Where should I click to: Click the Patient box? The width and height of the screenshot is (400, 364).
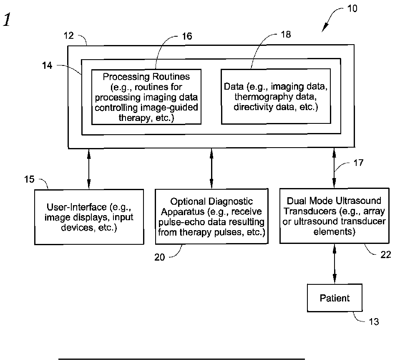[x=335, y=298]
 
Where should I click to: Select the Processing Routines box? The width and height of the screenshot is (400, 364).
[x=146, y=97]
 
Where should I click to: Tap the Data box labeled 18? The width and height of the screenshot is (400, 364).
[x=276, y=96]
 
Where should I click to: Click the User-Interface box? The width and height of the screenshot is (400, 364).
[x=89, y=217]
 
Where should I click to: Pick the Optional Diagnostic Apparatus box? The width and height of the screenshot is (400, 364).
[x=211, y=216]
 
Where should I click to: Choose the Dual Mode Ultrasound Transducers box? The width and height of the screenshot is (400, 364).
[x=334, y=216]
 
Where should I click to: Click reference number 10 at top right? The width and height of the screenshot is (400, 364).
[x=352, y=9]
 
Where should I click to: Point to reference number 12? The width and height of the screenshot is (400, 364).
[x=69, y=35]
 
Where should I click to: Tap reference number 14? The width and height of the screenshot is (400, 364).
[x=47, y=65]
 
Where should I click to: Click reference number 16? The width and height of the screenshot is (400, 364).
[x=187, y=36]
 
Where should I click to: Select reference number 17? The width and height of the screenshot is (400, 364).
[x=358, y=163]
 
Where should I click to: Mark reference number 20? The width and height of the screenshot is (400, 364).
[x=160, y=257]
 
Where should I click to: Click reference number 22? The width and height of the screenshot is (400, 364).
[x=386, y=255]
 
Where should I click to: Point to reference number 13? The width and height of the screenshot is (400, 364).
[x=374, y=321]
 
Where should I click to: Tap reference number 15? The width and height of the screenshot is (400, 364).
[x=29, y=179]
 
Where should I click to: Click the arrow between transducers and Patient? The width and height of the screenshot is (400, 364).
[x=335, y=264]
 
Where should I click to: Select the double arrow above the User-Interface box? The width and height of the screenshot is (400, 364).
[x=89, y=168]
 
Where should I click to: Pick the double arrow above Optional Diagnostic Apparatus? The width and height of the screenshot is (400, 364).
[x=211, y=168]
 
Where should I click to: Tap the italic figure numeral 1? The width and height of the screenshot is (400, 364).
[x=7, y=20]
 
